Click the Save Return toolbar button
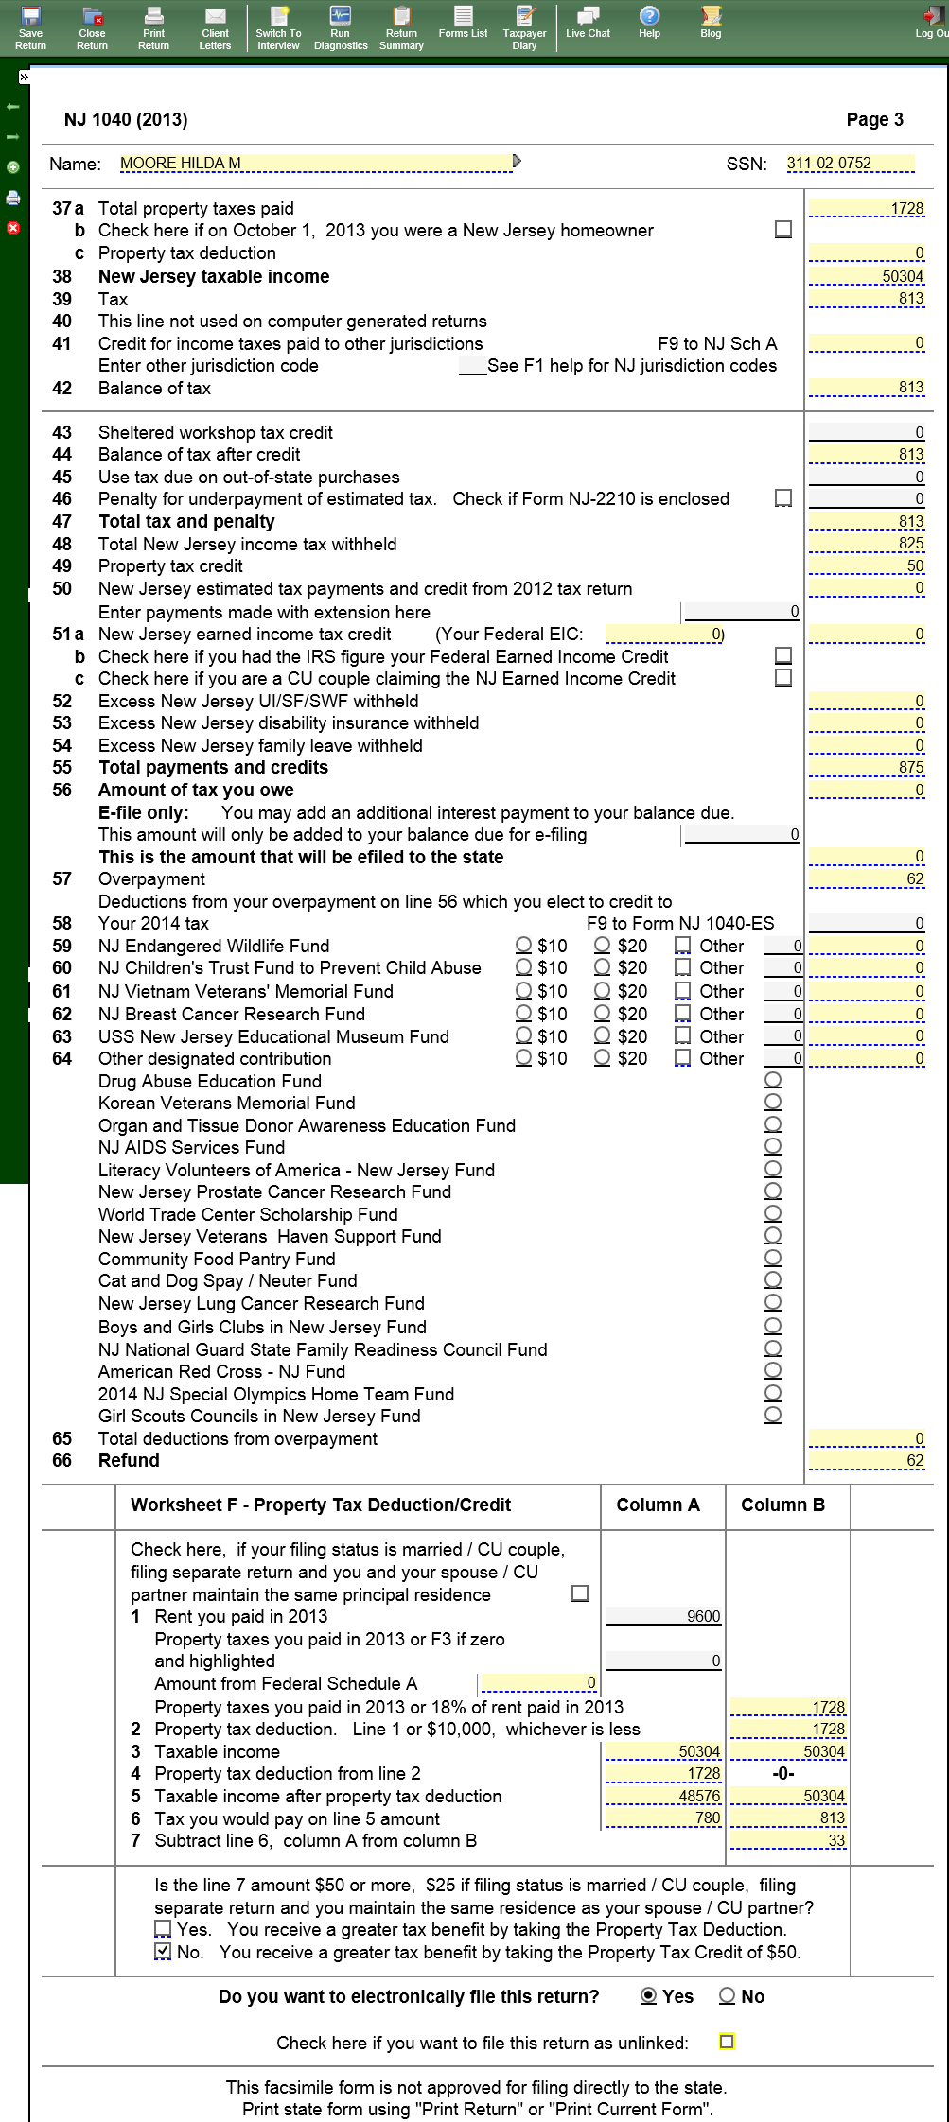pos(30,26)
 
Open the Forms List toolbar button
pos(463,24)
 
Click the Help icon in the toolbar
pos(649,24)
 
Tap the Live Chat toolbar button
pos(588,24)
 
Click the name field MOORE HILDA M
pos(316,163)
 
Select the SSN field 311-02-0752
pos(850,163)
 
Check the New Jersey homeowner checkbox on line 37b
pos(783,230)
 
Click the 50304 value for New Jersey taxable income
pos(867,276)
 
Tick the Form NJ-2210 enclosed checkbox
pos(783,497)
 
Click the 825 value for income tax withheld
pos(867,543)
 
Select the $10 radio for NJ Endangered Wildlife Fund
pos(523,945)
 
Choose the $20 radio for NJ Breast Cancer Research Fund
pos(602,1013)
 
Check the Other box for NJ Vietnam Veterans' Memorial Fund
pos(682,990)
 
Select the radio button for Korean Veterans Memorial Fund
pos(773,1102)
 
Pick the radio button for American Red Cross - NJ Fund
pos(773,1370)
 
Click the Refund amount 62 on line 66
pos(867,1460)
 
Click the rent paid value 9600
pos(663,1616)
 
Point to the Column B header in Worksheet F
pos(782,1505)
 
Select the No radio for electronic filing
pos(727,1995)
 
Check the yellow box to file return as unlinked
pos(727,2042)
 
